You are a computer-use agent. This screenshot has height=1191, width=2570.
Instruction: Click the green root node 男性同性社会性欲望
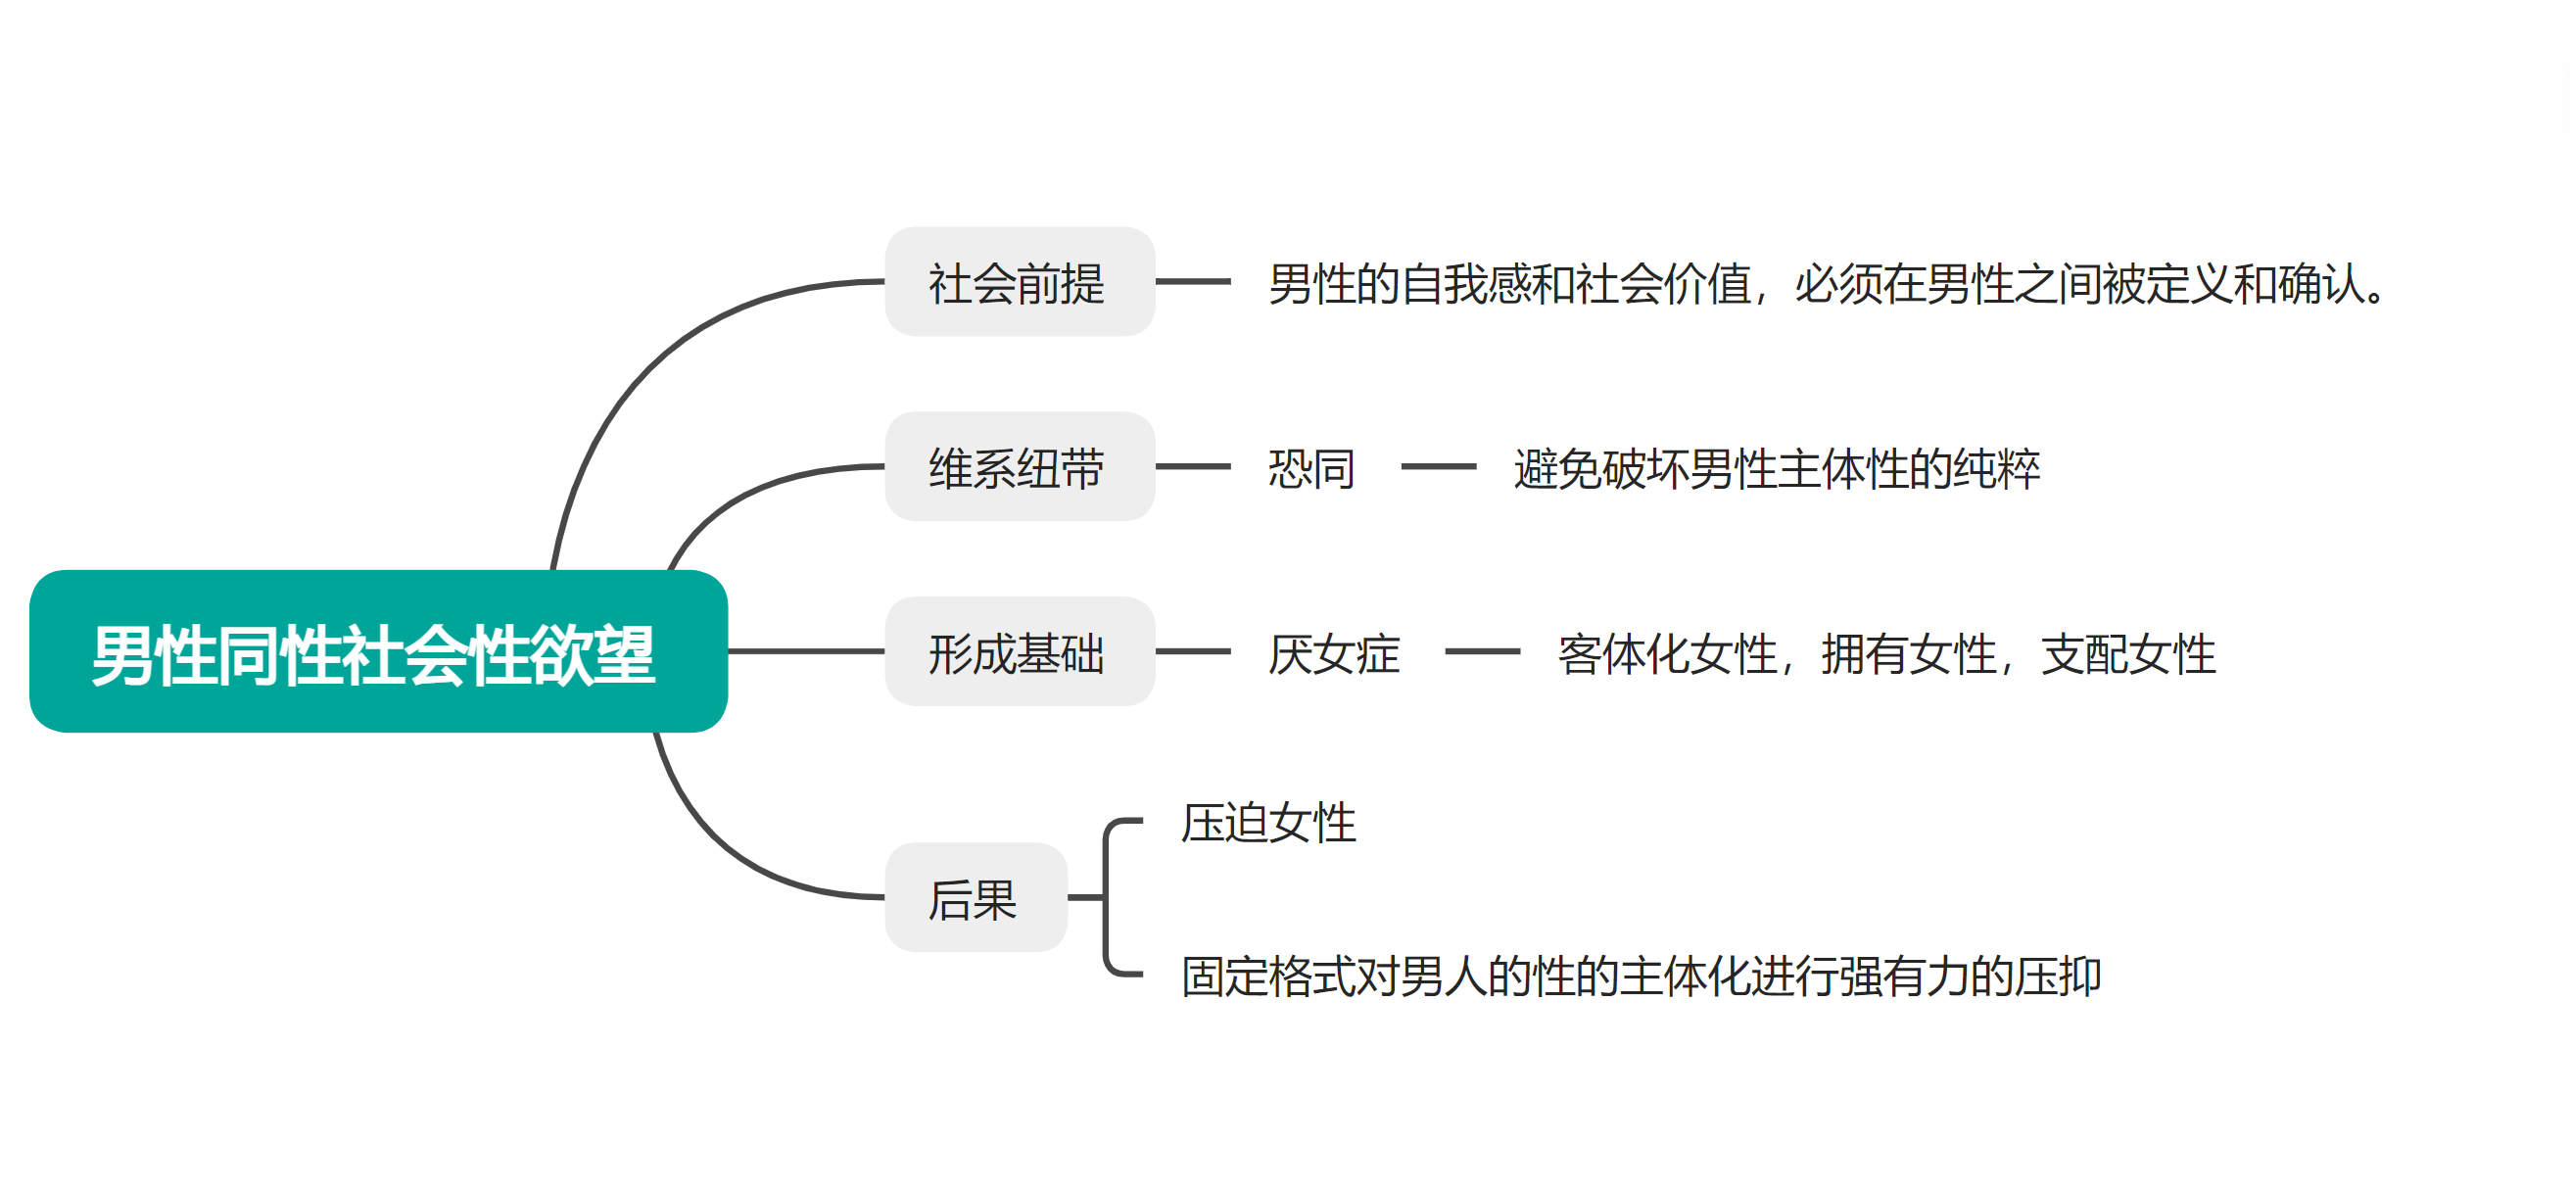click(x=378, y=651)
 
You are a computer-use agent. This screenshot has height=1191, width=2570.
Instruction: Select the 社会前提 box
click(x=1019, y=282)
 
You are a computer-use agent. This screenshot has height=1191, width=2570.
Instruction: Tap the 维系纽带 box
click(x=1019, y=467)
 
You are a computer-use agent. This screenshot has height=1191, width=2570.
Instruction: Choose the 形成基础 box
click(x=1019, y=652)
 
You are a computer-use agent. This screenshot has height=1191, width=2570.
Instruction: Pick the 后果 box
click(x=975, y=898)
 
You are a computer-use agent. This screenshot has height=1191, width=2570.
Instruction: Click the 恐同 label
click(x=1310, y=468)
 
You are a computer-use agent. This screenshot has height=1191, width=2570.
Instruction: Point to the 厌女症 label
click(x=1333, y=653)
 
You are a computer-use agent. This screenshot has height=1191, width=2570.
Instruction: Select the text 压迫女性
click(x=1268, y=823)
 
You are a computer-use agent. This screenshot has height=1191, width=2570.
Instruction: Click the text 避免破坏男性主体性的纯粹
click(x=1777, y=468)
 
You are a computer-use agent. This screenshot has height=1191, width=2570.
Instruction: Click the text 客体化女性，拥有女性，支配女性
click(x=1885, y=653)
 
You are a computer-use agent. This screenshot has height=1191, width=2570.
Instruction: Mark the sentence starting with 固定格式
click(x=1642, y=976)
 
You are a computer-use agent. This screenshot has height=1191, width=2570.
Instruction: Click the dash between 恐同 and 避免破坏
click(x=1438, y=466)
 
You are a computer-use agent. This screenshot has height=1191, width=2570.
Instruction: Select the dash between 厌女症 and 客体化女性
click(x=1482, y=651)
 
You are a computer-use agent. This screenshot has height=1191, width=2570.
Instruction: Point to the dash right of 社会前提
click(x=1192, y=281)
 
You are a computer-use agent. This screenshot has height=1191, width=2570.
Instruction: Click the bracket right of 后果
click(x=1107, y=898)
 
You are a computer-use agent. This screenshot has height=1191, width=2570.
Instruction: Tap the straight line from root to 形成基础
click(x=805, y=651)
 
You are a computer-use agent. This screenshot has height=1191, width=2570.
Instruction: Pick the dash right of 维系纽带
click(x=1192, y=466)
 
